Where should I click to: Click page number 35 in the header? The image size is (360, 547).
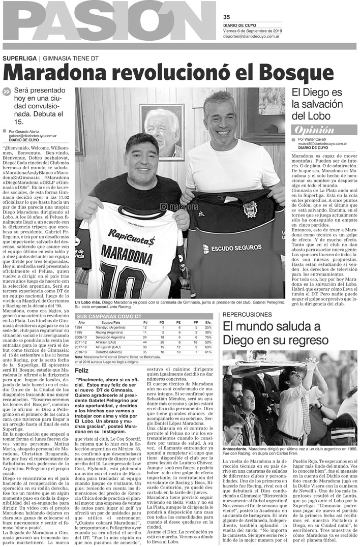tap(227, 16)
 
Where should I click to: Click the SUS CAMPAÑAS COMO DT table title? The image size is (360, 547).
tap(108, 316)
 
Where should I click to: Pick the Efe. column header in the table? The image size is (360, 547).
tap(208, 323)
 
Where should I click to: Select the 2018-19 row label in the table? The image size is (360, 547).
tap(82, 351)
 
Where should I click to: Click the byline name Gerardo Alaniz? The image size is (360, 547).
tap(33, 132)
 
